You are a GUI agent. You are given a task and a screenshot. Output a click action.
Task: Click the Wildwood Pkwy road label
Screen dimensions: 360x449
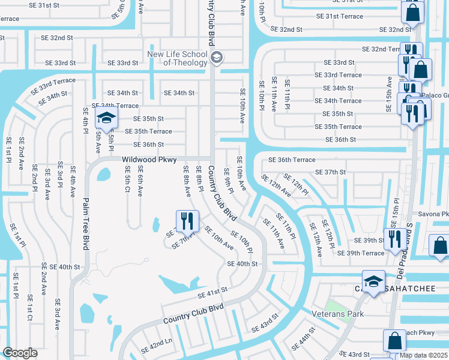point(149,160)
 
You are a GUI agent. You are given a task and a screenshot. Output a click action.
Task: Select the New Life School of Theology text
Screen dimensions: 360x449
point(178,58)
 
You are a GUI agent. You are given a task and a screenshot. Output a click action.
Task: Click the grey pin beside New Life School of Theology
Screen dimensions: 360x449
point(217,58)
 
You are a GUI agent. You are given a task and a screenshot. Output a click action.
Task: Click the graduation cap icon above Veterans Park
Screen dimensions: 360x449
point(373,282)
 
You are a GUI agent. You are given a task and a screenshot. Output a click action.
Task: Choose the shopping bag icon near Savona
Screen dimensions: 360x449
point(440,245)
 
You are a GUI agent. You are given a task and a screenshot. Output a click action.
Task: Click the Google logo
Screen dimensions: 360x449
point(20,353)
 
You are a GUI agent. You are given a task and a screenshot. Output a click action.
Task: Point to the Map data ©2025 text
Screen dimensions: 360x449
point(424,355)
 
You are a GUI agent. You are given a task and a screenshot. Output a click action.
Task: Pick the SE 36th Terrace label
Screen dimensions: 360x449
point(292,160)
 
